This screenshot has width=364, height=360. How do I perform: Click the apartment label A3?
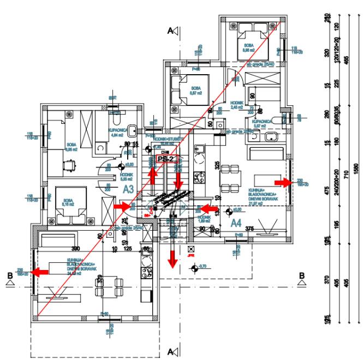point(128,189)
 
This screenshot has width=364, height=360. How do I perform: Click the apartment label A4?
point(236,223)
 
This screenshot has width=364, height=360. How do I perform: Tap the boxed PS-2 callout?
point(166,158)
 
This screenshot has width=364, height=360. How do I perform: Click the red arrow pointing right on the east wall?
point(282,181)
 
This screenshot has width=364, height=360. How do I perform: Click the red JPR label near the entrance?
point(190,254)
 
